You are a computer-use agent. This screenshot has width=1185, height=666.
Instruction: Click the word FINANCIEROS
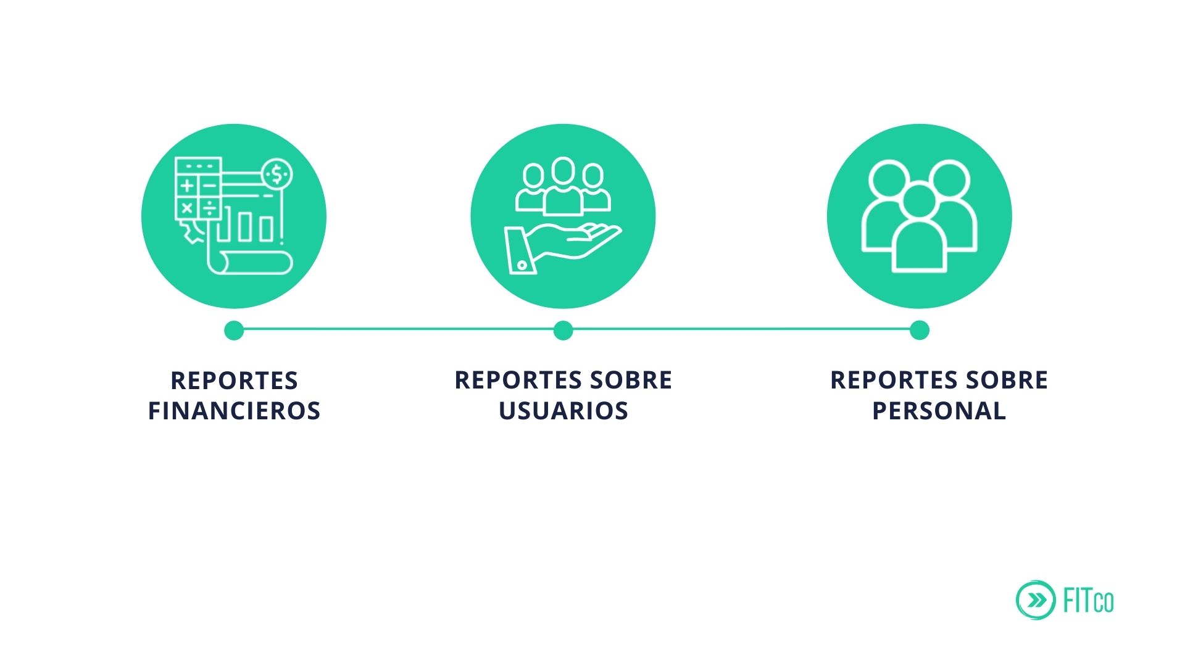[234, 411]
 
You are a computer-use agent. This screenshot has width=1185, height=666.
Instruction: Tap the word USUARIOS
[563, 411]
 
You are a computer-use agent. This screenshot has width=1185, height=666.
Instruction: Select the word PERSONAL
[939, 411]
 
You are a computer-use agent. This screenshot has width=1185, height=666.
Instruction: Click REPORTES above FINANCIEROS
[235, 380]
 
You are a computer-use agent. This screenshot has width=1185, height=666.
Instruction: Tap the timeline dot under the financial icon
[234, 330]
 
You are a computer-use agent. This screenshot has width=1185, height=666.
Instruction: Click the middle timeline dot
[563, 330]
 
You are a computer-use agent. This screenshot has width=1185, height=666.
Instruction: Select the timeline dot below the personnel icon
[919, 330]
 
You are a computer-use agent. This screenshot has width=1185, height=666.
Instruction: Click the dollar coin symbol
[276, 175]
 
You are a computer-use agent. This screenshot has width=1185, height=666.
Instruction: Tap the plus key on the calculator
[187, 185]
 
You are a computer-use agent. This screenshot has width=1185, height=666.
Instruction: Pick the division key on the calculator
[210, 207]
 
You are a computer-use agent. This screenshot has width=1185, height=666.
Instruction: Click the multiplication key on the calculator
[187, 208]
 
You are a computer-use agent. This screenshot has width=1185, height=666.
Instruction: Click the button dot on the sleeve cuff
[522, 265]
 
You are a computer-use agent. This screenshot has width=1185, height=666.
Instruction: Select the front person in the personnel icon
[919, 231]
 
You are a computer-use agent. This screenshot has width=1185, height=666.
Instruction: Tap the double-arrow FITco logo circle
[1035, 599]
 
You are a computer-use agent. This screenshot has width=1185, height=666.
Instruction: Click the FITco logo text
[1089, 600]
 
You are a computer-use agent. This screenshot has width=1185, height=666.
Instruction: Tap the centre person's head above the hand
[563, 171]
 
